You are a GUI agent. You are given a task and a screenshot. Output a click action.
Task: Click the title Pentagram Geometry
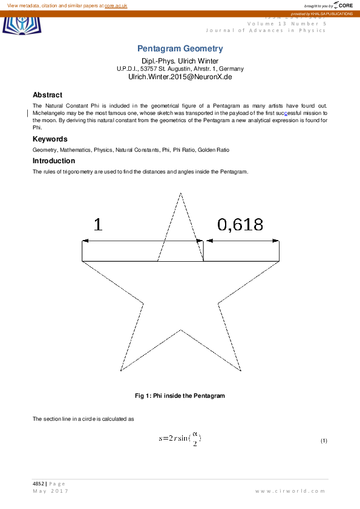(180, 48)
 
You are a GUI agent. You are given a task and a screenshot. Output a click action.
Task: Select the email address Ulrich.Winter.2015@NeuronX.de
(180, 77)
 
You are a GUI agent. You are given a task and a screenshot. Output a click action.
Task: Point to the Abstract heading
(47, 95)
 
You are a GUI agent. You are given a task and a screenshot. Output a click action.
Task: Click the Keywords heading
(50, 139)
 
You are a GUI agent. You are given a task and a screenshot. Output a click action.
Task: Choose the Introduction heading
(54, 161)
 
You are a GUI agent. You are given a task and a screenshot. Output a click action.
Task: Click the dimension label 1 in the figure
(98, 225)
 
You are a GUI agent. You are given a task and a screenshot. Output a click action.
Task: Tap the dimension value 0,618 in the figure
(240, 225)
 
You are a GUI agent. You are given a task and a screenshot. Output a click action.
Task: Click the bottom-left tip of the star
(121, 371)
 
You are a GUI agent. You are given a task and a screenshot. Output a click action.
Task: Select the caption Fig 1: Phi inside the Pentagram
(180, 396)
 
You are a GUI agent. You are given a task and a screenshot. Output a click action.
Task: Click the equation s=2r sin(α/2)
(180, 439)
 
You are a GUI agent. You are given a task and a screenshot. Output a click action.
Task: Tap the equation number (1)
(324, 441)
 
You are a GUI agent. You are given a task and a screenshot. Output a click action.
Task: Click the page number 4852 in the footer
(39, 484)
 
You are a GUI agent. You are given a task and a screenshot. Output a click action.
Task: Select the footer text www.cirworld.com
(291, 491)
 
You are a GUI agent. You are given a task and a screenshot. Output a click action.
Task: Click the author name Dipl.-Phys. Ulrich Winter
(180, 61)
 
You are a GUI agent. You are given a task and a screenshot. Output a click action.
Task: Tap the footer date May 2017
(50, 491)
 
